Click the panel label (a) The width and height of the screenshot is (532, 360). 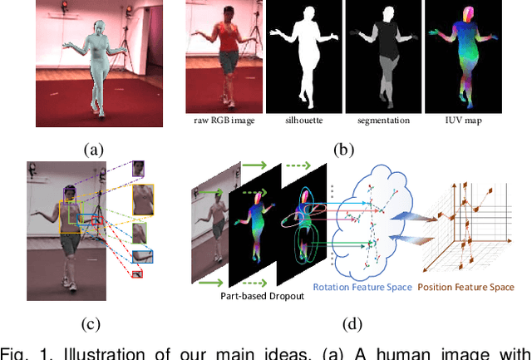pos(94,149)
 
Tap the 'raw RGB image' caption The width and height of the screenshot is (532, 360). pos(222,121)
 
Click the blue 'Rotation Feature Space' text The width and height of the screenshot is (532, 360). pos(362,288)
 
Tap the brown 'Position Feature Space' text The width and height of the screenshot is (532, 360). pos(465,288)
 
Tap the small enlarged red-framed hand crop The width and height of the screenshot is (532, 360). pos(137,273)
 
